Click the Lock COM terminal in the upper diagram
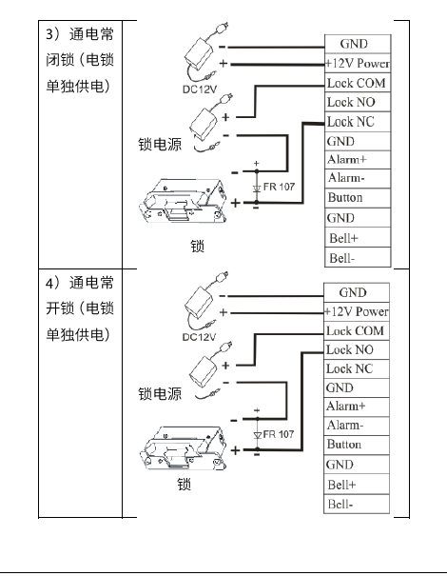point(356,83)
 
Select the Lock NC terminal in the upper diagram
point(351,122)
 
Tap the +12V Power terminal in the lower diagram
point(357,311)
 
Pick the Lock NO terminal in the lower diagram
point(351,349)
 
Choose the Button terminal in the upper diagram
point(344,198)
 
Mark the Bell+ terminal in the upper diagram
point(342,237)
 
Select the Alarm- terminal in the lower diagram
point(344,426)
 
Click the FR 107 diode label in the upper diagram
point(278,185)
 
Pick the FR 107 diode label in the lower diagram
point(278,433)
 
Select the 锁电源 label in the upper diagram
point(161,145)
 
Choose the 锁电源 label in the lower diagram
point(161,393)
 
